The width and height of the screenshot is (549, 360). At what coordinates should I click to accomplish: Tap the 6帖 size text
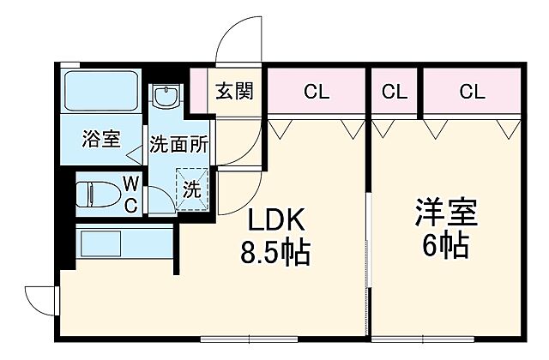point(445,246)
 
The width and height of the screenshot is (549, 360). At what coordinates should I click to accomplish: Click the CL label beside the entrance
point(316,92)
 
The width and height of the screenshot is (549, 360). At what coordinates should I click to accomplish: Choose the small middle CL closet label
point(394,92)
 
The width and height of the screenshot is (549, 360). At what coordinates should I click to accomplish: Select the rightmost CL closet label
point(471,92)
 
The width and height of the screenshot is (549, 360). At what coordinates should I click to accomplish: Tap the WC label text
point(130,194)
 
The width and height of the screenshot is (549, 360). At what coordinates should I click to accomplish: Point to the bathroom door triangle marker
point(134,158)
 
